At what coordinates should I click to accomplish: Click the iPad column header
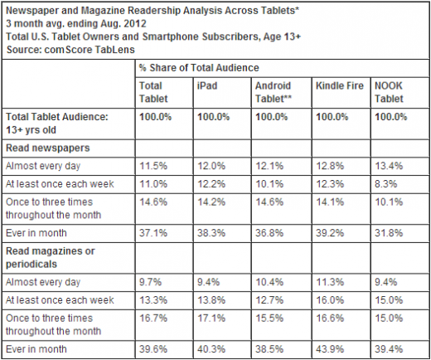207,85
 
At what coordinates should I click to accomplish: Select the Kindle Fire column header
340,85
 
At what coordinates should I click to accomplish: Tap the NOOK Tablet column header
389,92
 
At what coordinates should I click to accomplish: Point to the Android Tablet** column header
274,92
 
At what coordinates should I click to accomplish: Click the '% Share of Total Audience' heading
199,68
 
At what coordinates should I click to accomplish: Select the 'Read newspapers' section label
48,148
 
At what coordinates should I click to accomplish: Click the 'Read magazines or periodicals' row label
51,257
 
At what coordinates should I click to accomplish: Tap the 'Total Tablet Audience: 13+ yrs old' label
57,123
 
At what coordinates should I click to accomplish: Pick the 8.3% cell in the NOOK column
385,184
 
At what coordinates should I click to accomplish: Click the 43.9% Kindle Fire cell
330,349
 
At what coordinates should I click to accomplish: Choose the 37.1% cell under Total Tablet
153,233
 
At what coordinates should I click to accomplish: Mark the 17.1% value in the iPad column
211,319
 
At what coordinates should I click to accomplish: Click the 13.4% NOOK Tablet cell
389,166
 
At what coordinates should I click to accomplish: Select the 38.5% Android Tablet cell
269,349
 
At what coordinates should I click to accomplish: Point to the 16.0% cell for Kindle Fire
330,300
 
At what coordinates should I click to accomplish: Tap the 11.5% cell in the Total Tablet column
153,166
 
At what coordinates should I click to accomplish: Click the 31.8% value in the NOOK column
389,233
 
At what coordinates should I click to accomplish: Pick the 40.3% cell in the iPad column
211,349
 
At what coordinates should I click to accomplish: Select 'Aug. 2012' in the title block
123,23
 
